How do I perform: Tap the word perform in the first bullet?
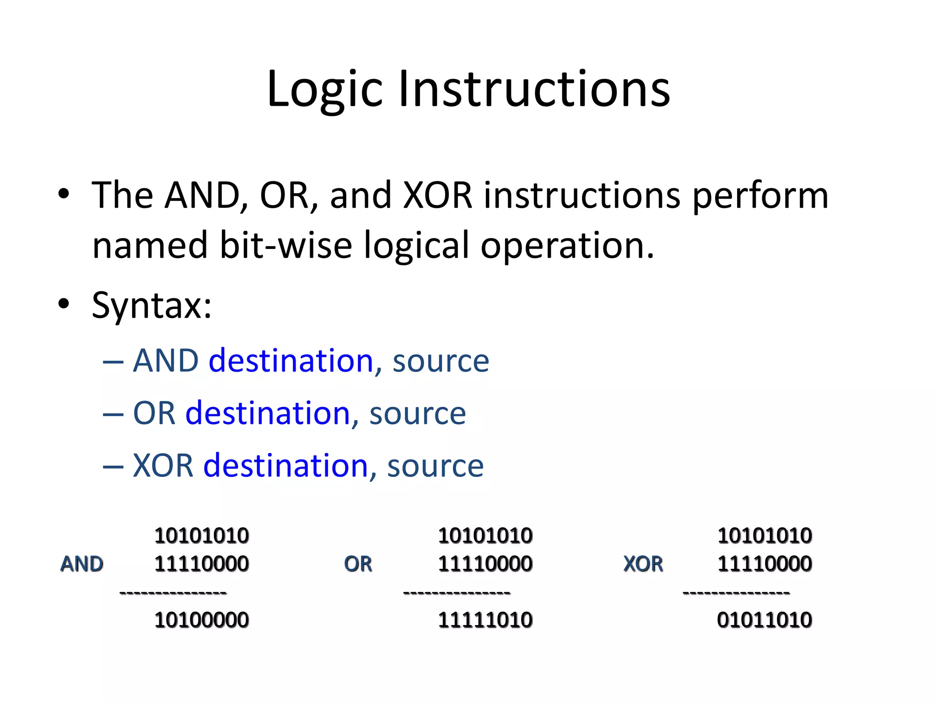(760, 196)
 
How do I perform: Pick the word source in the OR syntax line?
(417, 413)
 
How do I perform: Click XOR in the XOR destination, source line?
(163, 465)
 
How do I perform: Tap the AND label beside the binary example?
(82, 564)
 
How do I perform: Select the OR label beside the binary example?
(358, 564)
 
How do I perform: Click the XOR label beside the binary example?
(643, 564)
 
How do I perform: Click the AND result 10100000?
(201, 620)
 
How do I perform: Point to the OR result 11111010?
(485, 620)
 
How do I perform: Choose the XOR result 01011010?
(764, 620)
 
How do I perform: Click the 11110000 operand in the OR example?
(485, 564)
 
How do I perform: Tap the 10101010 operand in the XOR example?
(764, 535)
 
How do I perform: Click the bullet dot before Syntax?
(64, 303)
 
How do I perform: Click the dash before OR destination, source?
(113, 414)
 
